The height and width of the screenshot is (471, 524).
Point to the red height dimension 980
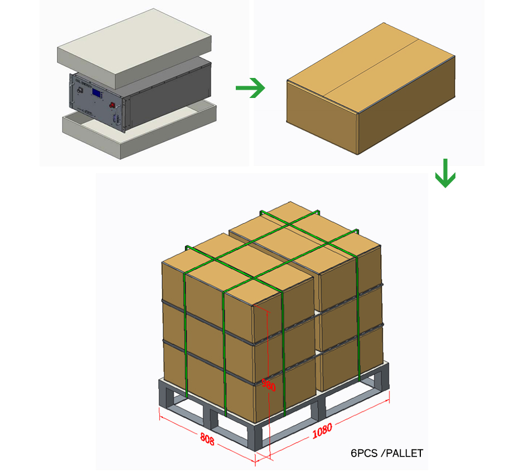269,384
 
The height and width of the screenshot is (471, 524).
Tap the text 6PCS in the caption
362,453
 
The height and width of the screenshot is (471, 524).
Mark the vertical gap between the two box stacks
317,334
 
